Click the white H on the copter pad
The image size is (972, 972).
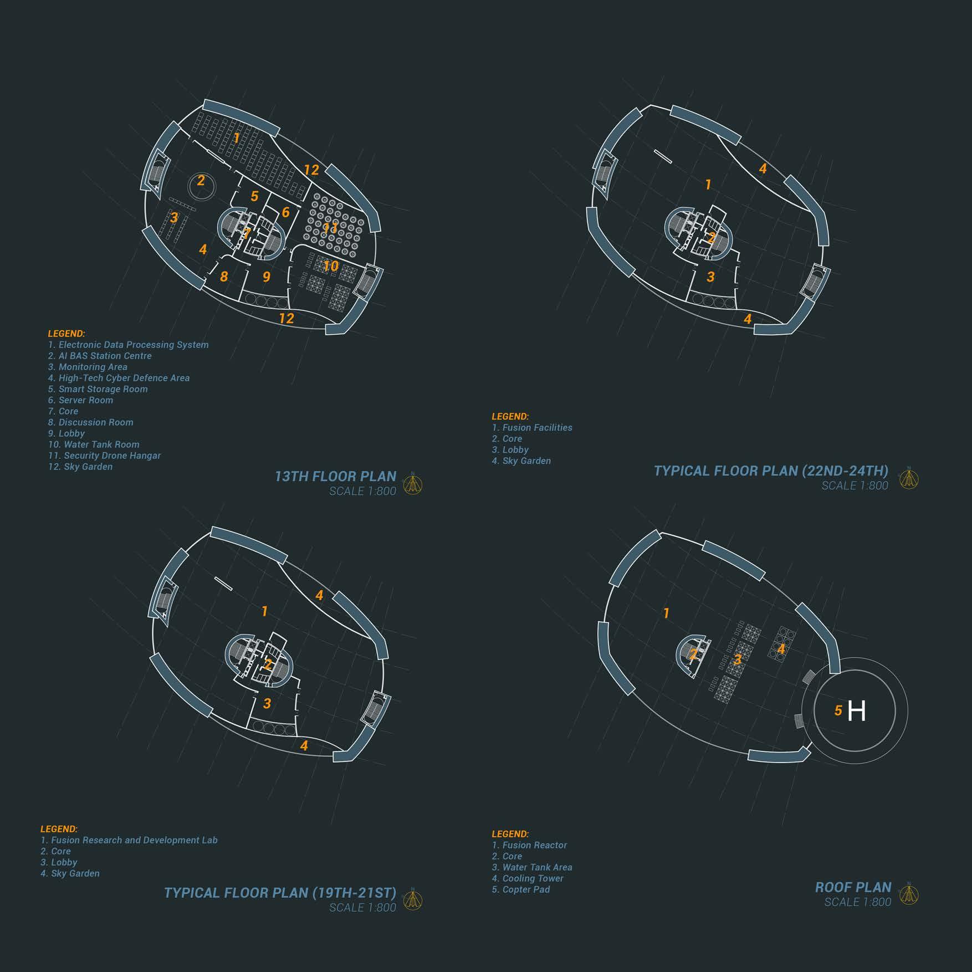[856, 710]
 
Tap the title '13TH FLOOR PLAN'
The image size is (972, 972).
[335, 477]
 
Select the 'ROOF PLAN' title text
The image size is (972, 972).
[853, 887]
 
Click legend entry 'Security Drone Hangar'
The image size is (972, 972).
[104, 456]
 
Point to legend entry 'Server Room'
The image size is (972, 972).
[80, 400]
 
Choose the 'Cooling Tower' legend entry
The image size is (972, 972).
[528, 878]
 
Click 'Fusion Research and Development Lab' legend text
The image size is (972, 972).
[129, 840]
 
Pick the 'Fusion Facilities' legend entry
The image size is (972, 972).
[532, 428]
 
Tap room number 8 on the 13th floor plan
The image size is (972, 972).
[224, 277]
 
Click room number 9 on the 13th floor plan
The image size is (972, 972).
[267, 277]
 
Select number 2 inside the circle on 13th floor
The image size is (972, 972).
[201, 180]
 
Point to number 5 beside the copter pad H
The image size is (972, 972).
[838, 710]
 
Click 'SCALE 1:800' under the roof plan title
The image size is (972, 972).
[858, 902]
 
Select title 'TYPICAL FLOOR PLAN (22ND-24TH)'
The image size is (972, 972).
[771, 471]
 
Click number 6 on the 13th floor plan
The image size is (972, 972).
[285, 212]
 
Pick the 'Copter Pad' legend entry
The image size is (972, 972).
[521, 889]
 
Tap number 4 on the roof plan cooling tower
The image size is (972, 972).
[781, 648]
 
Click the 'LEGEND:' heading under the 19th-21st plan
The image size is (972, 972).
[59, 829]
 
